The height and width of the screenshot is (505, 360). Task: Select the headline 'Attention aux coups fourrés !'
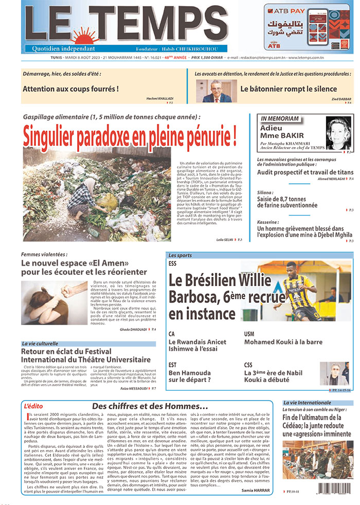point(70,89)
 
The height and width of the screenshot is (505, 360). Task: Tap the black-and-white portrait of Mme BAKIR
point(338,133)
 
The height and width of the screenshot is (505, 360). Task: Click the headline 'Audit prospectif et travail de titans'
point(305,172)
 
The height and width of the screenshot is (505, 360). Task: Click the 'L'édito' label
point(33,406)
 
